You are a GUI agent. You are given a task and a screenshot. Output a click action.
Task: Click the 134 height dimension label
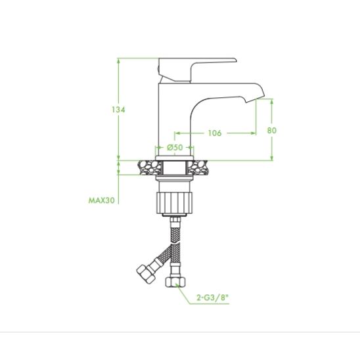coord(118,110)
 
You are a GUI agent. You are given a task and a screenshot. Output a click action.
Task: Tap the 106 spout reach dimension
coord(215,133)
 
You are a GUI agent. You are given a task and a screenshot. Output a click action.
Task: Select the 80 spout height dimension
coord(272,131)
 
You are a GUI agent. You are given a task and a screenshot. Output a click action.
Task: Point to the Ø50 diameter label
coord(175,147)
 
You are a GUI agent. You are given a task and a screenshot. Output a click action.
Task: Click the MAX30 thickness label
coord(101,200)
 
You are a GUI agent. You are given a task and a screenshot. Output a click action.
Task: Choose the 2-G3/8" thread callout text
coord(213,298)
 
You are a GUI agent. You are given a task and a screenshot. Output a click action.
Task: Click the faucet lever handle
coord(197,70)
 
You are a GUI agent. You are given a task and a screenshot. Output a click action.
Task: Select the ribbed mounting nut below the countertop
coord(173,202)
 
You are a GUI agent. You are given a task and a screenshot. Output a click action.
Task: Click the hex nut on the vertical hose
coord(175,282)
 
